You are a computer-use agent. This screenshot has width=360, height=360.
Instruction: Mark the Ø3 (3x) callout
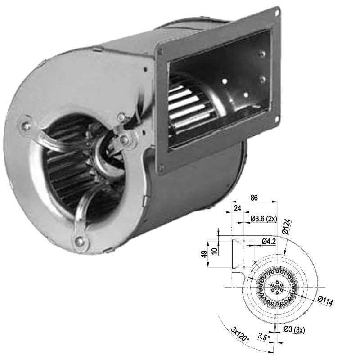pos(294,330)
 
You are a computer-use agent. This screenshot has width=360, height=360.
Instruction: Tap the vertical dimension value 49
pos(204,259)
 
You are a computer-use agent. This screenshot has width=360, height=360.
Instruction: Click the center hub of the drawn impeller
pos(274,287)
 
